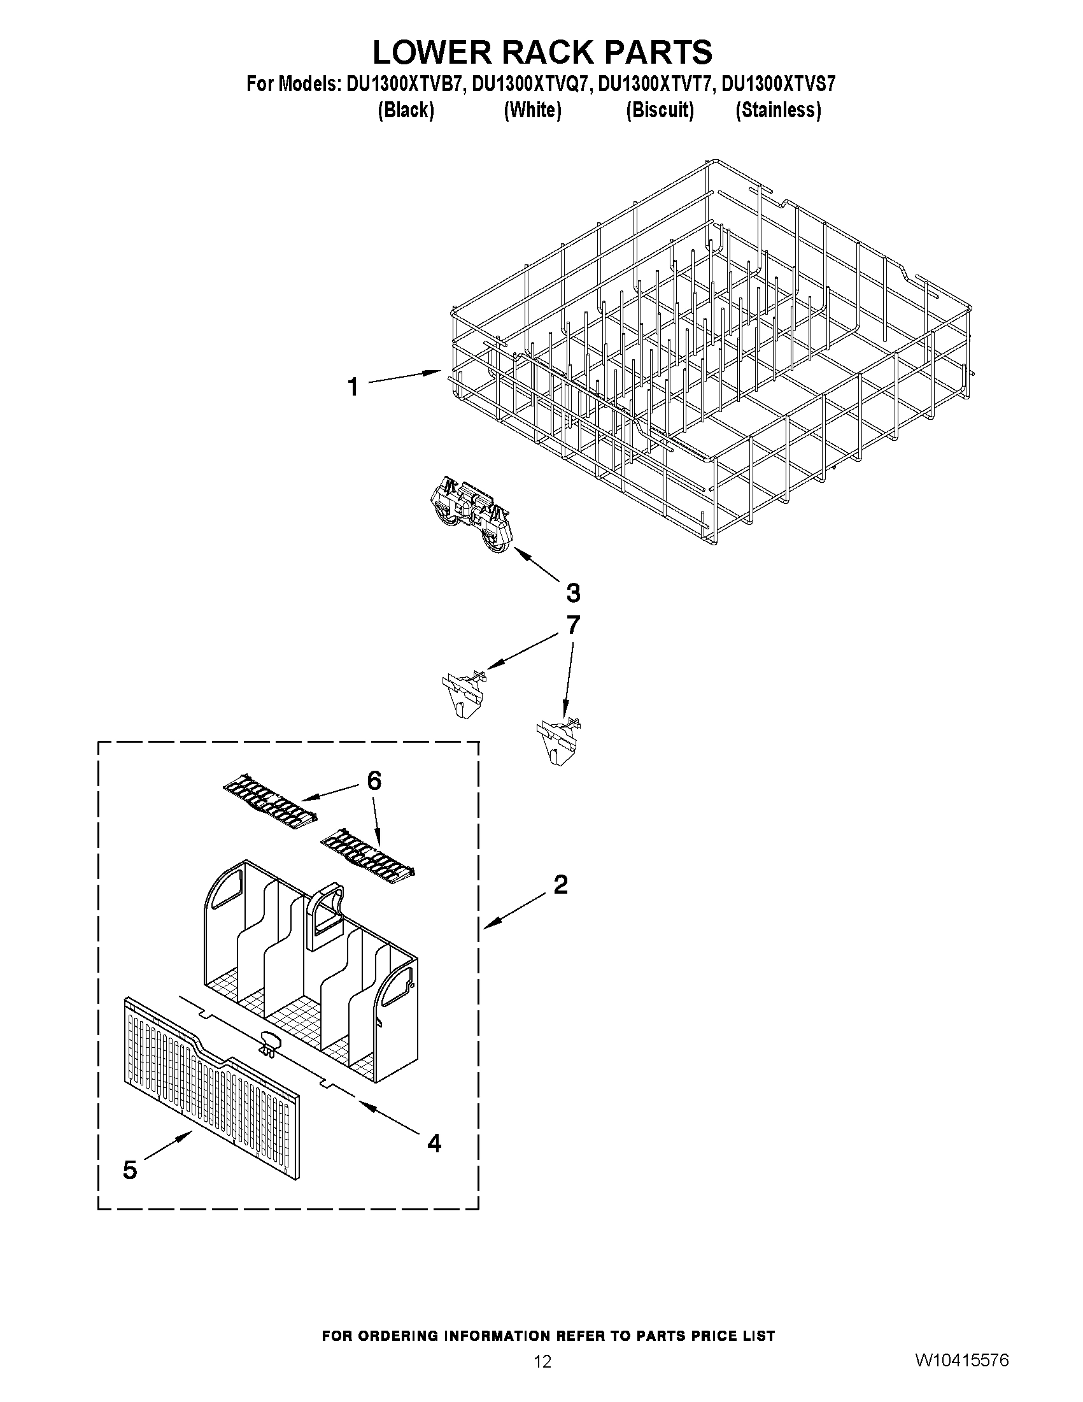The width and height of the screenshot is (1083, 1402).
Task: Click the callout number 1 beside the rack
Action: [x=353, y=387]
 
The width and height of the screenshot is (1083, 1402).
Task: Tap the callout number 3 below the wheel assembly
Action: [x=573, y=592]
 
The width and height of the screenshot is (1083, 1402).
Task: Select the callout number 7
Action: [x=573, y=624]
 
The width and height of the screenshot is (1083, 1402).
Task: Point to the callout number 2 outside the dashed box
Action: [x=560, y=885]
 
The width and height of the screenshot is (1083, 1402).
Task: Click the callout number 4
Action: [x=434, y=1142]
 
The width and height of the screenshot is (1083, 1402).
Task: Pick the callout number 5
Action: [x=130, y=1170]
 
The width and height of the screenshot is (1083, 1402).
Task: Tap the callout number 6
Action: [x=373, y=780]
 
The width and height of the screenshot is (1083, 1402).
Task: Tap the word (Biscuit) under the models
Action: [x=660, y=110]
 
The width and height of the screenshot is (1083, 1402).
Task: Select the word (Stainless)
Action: [x=777, y=110]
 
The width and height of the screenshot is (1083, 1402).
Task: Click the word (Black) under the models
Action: [x=406, y=110]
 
